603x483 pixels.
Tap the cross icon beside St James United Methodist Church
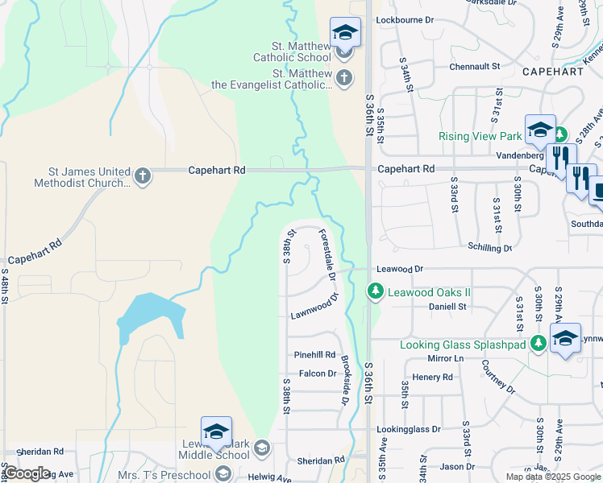pyautogui.click(x=143, y=176)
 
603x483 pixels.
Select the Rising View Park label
pyautogui.click(x=480, y=136)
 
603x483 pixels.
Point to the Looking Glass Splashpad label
pyautogui.click(x=463, y=345)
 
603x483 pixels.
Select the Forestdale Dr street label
pyautogui.click(x=327, y=254)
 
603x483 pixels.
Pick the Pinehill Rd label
pyautogui.click(x=314, y=354)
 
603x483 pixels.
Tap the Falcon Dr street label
pyautogui.click(x=317, y=374)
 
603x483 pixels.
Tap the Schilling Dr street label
pyautogui.click(x=489, y=248)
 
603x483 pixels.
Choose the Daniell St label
pyautogui.click(x=447, y=307)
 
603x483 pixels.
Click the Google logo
pyautogui.click(x=27, y=473)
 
